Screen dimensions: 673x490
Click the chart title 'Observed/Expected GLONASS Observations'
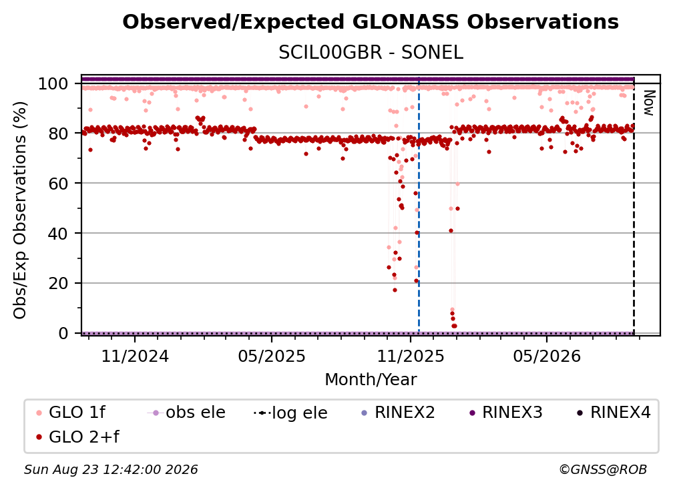371,22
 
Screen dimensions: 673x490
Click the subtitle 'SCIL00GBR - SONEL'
371,53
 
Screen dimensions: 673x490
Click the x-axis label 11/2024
135,356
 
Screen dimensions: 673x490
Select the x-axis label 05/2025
272,356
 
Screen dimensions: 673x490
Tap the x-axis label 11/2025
411,356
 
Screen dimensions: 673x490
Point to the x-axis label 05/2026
547,356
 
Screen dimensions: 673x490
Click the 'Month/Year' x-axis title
371,379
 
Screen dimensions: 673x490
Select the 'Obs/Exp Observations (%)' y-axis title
20,210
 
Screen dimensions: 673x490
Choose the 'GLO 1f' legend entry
71,413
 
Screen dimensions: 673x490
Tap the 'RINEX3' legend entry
505,413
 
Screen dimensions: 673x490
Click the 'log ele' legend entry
290,413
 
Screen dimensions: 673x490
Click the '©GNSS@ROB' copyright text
603,470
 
